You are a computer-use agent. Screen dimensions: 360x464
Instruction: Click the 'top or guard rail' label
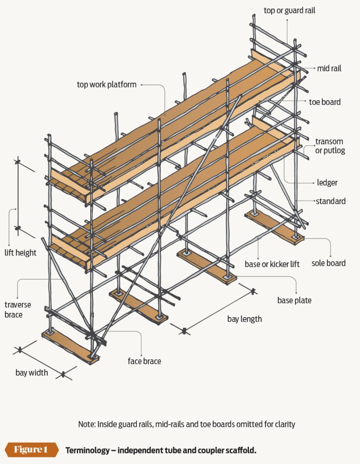[x=289, y=10]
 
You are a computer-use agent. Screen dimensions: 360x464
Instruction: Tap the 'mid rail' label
[x=329, y=68]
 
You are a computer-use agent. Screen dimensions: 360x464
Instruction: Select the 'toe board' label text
[x=325, y=102]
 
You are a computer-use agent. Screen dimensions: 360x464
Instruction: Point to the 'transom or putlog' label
[x=330, y=146]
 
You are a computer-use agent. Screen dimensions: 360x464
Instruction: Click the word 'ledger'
[x=327, y=182]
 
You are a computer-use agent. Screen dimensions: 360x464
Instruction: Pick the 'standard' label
[x=331, y=201]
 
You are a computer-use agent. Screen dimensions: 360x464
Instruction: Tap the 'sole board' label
[x=328, y=263]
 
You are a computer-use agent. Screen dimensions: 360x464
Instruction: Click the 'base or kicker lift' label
[x=272, y=264]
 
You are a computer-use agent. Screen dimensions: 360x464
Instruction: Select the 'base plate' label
[x=294, y=300]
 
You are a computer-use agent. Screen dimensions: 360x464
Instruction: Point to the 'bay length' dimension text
[x=244, y=319]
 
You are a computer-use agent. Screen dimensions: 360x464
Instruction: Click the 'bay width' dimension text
[x=32, y=372]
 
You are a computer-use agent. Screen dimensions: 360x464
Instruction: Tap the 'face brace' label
[x=145, y=361]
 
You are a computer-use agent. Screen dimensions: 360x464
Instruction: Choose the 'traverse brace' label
[x=17, y=310]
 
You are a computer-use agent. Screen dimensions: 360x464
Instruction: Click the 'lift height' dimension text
[x=20, y=253]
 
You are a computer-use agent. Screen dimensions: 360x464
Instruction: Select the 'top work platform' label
[x=106, y=85]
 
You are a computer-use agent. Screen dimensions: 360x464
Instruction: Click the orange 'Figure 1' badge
[x=31, y=450]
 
